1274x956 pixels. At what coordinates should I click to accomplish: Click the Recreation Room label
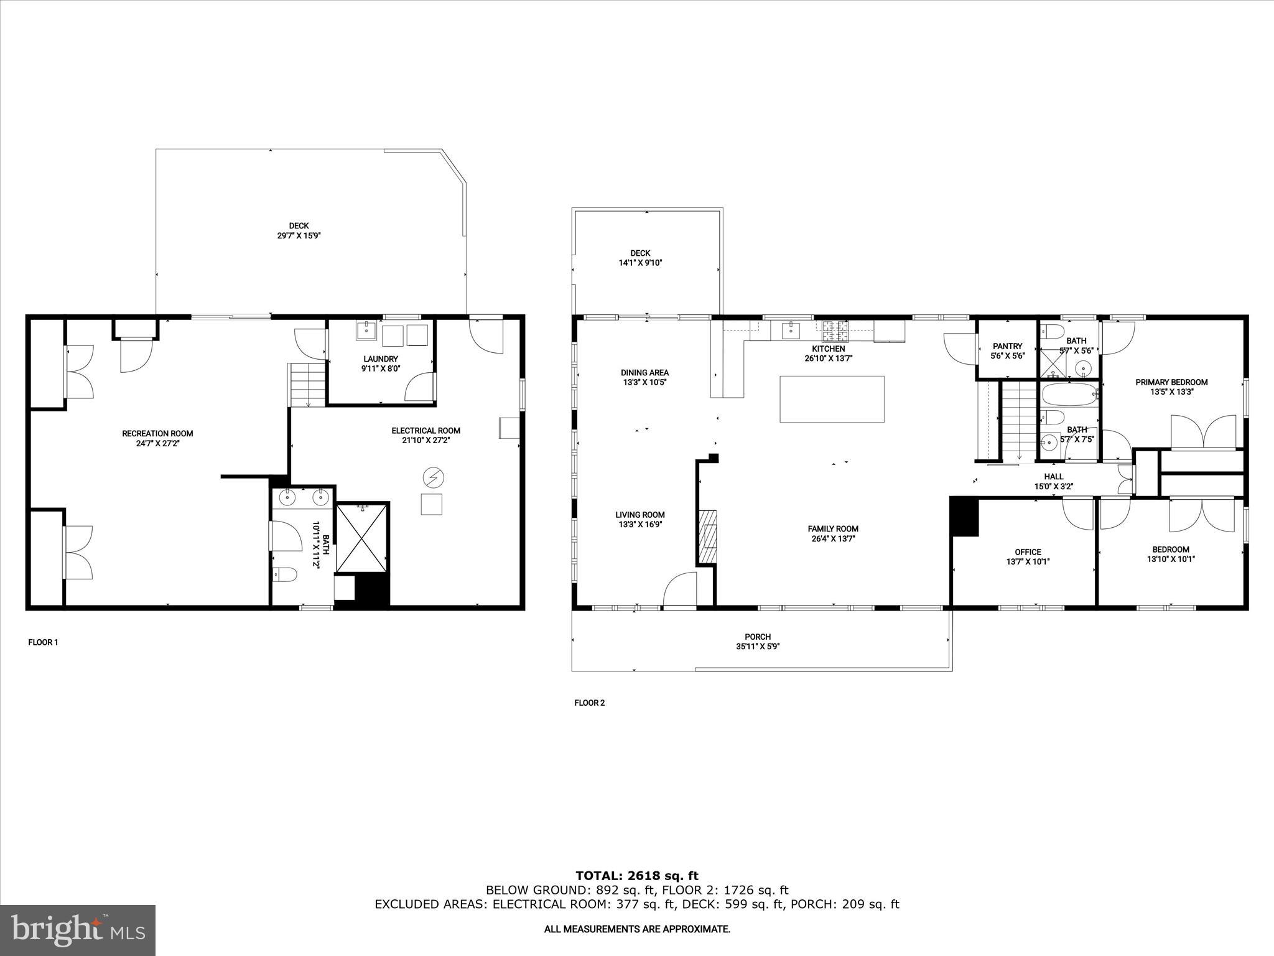[x=157, y=434]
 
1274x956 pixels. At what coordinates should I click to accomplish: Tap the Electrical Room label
[x=425, y=431]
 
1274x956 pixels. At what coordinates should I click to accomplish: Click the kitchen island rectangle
[x=832, y=399]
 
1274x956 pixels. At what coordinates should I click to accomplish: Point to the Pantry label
[x=1007, y=346]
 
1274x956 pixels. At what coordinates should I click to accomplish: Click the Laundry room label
[x=381, y=359]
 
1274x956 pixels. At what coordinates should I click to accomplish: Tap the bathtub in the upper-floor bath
[x=1069, y=394]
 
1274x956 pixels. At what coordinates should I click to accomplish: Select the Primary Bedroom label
[x=1171, y=382]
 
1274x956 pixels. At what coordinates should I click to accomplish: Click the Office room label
[x=1028, y=552]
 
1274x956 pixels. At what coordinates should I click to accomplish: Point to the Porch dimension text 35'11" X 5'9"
[x=758, y=647]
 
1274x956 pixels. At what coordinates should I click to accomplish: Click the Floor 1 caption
[x=43, y=642]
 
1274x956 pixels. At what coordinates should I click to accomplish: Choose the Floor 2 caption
[x=589, y=703]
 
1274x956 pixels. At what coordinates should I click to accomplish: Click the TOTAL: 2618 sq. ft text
[x=637, y=876]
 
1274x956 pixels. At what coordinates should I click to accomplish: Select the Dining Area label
[x=644, y=373]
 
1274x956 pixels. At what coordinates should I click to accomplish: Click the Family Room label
[x=833, y=529]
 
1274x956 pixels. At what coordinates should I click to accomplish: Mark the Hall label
[x=1054, y=477]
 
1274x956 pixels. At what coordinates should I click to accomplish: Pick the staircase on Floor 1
[x=307, y=385]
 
